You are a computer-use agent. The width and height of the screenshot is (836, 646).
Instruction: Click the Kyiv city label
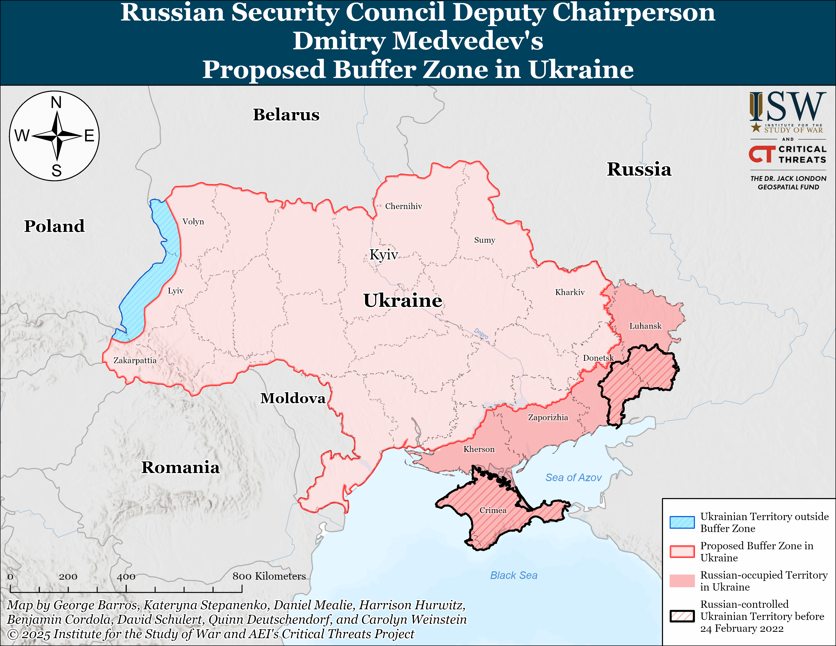tap(384, 255)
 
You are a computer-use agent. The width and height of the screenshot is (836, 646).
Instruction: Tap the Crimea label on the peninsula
tap(493, 510)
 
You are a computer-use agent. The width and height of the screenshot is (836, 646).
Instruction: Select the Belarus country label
tap(286, 115)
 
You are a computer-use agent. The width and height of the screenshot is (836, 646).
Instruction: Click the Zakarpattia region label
tap(135, 360)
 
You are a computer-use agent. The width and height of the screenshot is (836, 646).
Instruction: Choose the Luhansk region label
tap(645, 326)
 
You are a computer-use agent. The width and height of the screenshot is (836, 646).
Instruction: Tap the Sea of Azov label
tap(573, 477)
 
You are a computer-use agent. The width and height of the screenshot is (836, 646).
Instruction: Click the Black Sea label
tap(514, 575)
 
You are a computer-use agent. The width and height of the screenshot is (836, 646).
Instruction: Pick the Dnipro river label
tap(481, 333)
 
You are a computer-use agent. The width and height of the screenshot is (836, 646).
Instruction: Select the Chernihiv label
tap(404, 206)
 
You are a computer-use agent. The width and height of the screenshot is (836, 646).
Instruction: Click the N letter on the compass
tap(56, 103)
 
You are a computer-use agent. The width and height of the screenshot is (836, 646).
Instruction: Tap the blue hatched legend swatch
tap(682, 522)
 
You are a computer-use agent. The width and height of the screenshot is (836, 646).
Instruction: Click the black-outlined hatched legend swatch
tap(682, 616)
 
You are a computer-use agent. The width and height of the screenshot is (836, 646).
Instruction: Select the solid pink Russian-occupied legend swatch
tap(682, 581)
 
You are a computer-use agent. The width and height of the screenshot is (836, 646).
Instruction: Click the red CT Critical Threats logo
tap(762, 154)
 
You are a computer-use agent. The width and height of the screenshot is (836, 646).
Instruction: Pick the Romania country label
tap(180, 467)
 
